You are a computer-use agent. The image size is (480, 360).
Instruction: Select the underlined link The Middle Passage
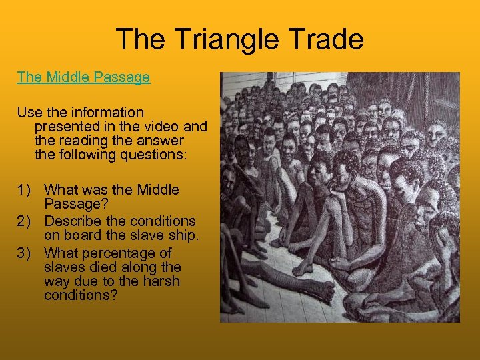tap(83, 77)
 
